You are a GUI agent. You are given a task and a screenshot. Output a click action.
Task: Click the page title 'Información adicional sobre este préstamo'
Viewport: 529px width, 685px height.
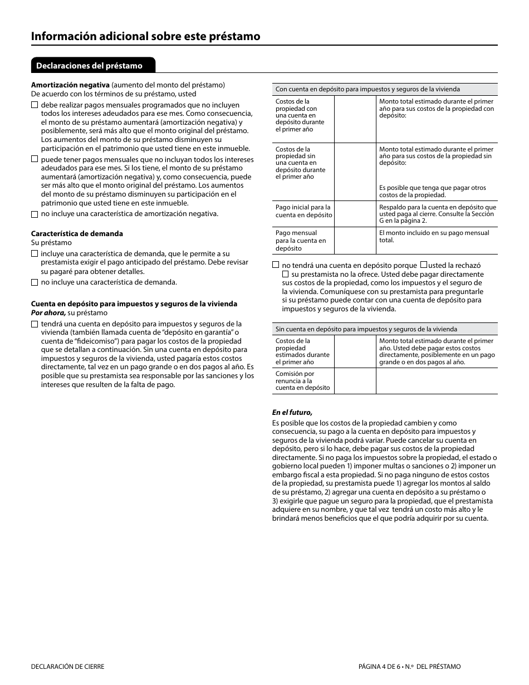[145, 36]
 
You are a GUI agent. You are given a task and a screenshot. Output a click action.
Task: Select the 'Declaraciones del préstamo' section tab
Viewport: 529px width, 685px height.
[89, 66]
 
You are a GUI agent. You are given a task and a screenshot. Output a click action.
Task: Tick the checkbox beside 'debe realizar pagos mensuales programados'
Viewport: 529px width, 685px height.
[35, 105]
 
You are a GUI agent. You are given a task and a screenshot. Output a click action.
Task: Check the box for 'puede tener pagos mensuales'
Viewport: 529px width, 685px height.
[35, 159]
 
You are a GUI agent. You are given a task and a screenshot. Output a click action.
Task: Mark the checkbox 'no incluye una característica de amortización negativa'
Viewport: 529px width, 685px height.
[35, 214]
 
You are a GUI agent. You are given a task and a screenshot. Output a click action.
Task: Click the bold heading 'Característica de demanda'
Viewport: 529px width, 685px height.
[77, 233]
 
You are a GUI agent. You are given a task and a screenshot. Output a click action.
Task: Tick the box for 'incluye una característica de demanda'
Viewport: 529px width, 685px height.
[35, 254]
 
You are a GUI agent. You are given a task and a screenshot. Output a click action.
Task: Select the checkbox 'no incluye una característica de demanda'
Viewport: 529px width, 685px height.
[35, 282]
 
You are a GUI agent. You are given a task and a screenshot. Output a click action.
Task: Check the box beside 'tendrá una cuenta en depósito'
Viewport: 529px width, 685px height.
[35, 324]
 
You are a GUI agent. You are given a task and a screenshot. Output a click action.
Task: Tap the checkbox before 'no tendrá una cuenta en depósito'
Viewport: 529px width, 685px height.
[276, 266]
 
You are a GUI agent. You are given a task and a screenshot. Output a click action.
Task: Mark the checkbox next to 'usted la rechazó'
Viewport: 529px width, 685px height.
[424, 265]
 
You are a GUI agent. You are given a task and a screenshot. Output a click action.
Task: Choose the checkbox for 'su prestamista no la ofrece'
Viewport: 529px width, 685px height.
[286, 275]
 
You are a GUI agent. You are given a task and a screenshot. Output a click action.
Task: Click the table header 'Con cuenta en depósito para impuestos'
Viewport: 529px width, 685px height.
[368, 89]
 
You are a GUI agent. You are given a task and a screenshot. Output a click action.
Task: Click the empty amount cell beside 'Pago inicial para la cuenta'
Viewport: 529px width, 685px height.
[355, 213]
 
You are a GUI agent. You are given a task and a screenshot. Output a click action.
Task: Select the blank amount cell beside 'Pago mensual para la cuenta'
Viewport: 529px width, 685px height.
[355, 241]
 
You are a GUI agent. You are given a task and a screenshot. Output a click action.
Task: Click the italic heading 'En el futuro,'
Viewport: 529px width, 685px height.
[292, 413]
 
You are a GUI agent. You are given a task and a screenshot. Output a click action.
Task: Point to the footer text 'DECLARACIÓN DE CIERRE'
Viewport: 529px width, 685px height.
[67, 667]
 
